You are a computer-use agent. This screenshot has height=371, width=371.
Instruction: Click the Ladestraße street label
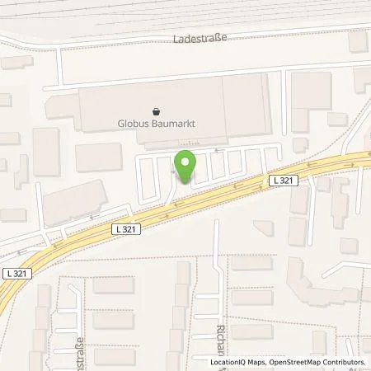pyautogui.click(x=200, y=38)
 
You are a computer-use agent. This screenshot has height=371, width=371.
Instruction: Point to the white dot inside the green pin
pyautogui.click(x=185, y=162)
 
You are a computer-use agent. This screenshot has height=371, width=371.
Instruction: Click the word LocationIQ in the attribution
pyautogui.click(x=230, y=362)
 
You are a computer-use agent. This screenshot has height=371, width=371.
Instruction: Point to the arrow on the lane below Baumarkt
pyautogui.click(x=216, y=150)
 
